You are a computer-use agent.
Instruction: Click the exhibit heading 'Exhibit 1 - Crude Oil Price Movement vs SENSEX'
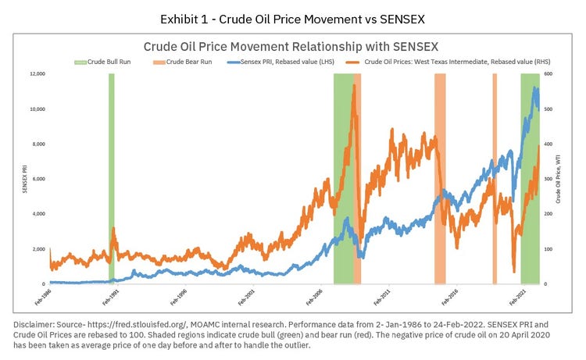(x=293, y=18)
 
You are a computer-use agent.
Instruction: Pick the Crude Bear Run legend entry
(x=188, y=62)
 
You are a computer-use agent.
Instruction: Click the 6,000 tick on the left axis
(x=35, y=179)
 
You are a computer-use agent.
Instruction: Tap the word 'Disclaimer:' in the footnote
(x=34, y=322)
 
